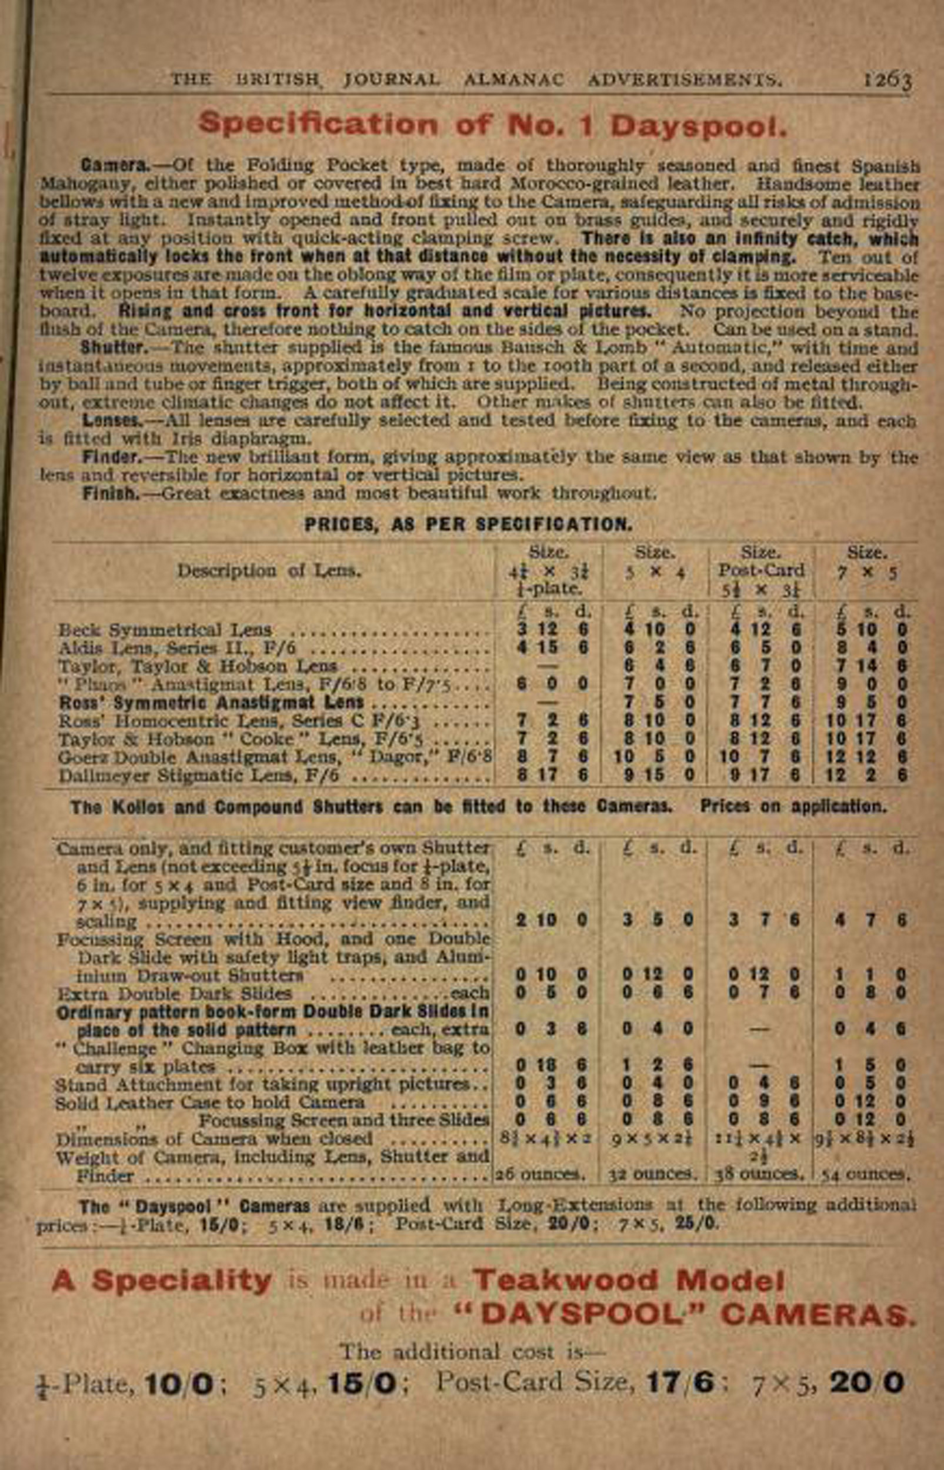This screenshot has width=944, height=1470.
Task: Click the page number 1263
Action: tap(888, 81)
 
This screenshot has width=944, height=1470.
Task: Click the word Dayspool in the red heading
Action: tap(698, 125)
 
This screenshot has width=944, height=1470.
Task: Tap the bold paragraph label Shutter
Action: tap(114, 348)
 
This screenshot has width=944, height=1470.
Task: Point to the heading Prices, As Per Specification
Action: tap(468, 524)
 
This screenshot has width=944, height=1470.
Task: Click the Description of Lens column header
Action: tap(269, 571)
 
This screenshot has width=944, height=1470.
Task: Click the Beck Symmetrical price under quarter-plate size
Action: tap(551, 630)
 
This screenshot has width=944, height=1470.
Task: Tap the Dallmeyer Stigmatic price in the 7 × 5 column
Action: tap(866, 775)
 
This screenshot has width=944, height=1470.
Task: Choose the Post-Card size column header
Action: tap(760, 570)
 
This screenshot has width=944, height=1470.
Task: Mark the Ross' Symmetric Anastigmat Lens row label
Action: tap(211, 703)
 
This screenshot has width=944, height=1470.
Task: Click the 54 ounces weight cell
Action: tap(866, 1174)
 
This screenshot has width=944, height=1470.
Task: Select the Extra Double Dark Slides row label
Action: tap(174, 993)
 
